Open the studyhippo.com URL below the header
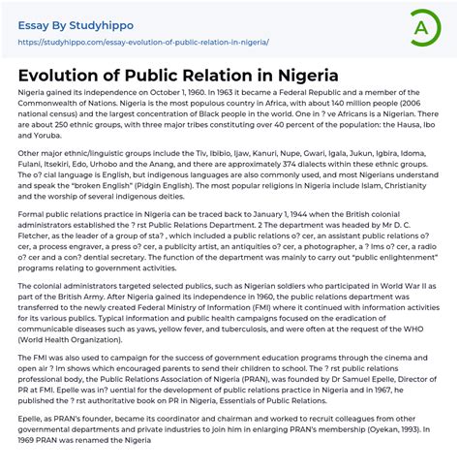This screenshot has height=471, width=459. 142,43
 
